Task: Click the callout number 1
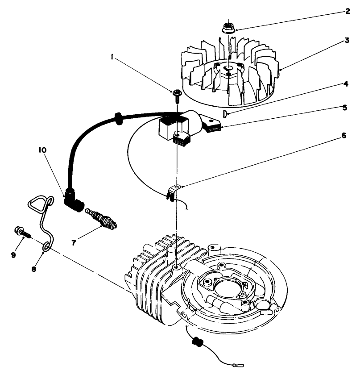(x=113, y=57)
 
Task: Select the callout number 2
(x=348, y=10)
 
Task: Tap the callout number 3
(x=347, y=41)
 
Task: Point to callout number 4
(x=346, y=83)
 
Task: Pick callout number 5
(x=345, y=107)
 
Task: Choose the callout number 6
(x=344, y=135)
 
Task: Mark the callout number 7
(x=74, y=242)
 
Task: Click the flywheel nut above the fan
(x=228, y=28)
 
